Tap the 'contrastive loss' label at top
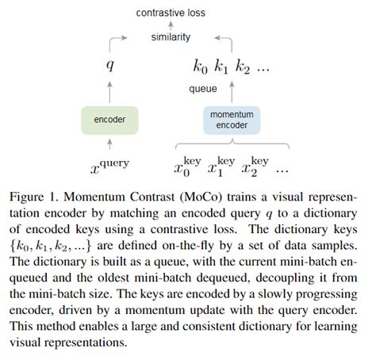pyautogui.click(x=171, y=13)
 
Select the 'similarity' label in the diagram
pyautogui.click(x=170, y=37)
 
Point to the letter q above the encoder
pyautogui.click(x=110, y=66)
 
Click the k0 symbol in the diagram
pyautogui.click(x=199, y=66)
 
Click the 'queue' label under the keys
pyautogui.click(x=203, y=89)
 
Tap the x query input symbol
pyautogui.click(x=110, y=166)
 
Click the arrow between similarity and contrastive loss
pyautogui.click(x=170, y=25)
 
